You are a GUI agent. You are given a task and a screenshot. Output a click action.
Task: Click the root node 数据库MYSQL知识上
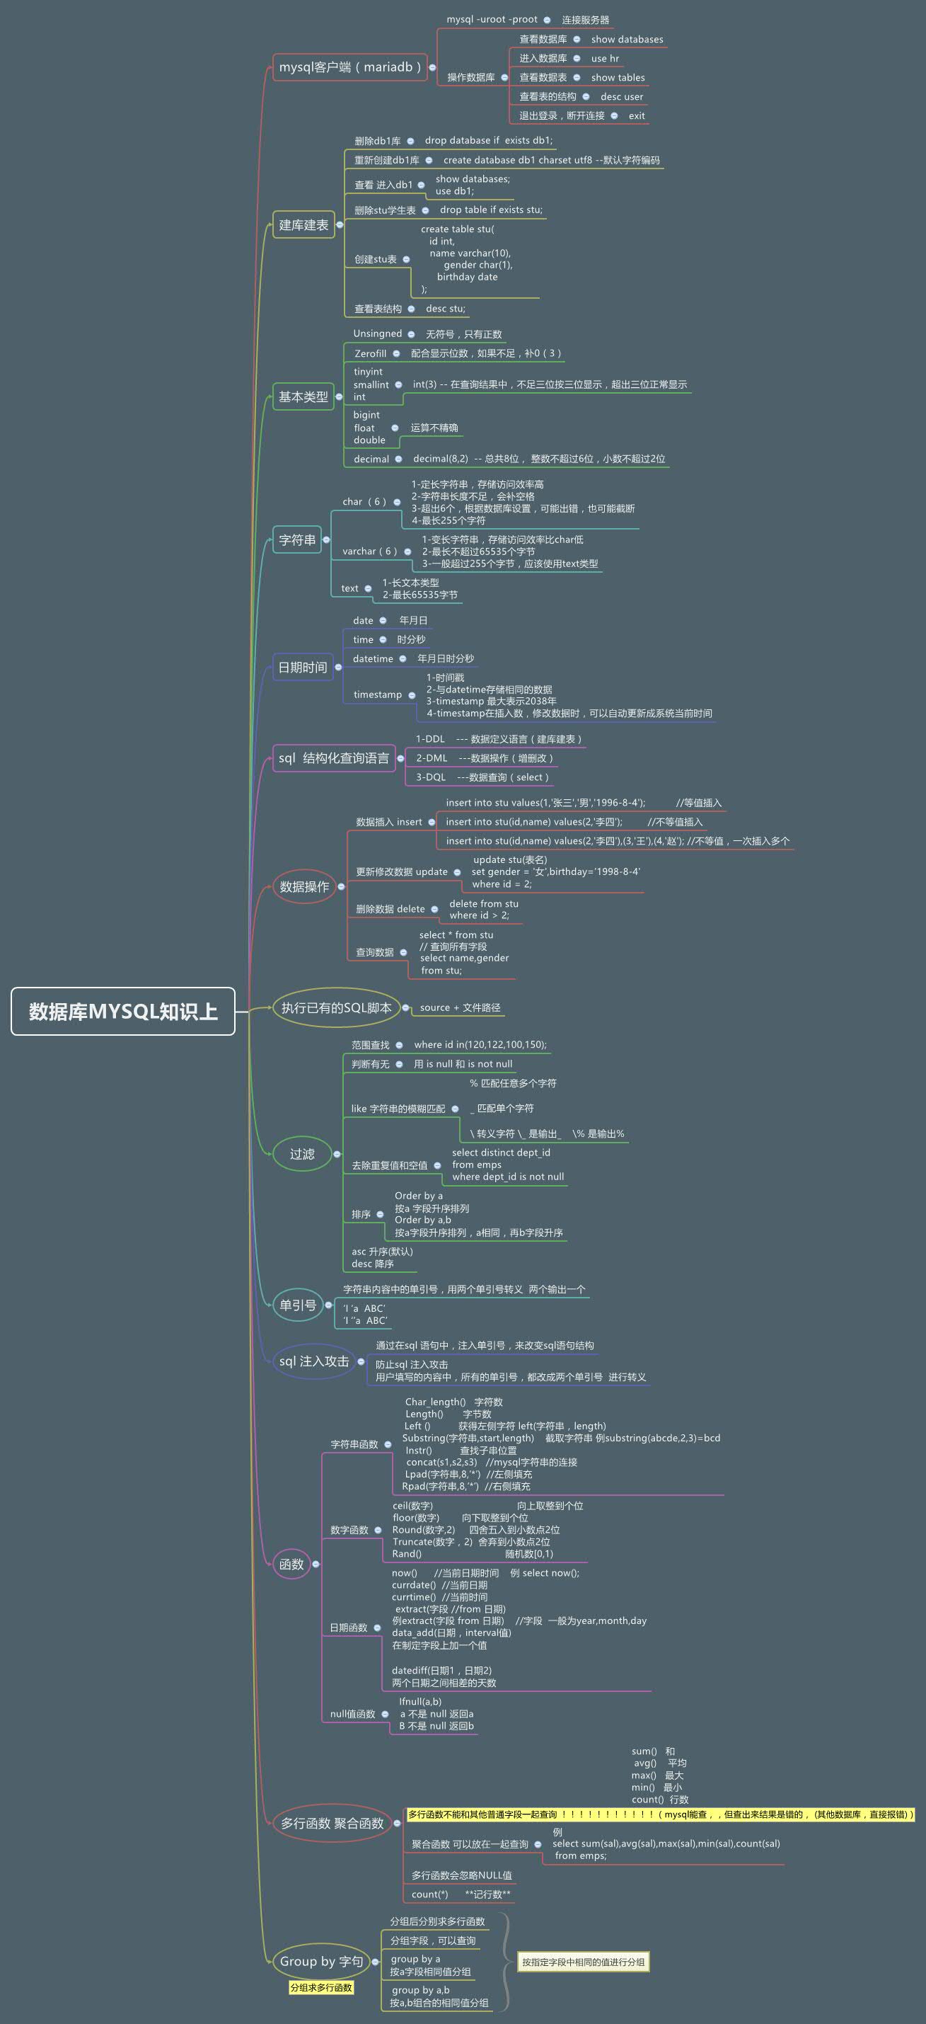pos(123,1011)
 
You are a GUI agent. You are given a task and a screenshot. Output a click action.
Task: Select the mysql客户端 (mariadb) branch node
pos(349,67)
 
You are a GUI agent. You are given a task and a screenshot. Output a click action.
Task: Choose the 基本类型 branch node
pos(303,396)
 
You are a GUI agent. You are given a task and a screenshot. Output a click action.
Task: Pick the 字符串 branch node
pos(297,539)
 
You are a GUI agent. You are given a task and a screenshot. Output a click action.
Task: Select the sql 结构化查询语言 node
pos(334,758)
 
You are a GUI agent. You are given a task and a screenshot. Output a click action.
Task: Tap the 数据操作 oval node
pos(304,886)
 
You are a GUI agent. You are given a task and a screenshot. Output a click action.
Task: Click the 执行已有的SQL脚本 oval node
pos(336,1008)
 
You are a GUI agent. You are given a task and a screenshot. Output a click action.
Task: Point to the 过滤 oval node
pos(302,1153)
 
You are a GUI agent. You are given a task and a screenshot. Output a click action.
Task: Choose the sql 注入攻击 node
pos(313,1361)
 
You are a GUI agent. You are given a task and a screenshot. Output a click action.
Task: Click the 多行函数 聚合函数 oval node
pos(332,1823)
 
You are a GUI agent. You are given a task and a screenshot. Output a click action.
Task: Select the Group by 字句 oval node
pos(321,1961)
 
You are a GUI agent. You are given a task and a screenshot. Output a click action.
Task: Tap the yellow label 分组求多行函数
pos(321,1987)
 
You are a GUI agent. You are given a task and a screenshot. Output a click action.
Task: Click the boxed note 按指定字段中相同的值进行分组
pos(583,1962)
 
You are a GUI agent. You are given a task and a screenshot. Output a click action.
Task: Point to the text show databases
pos(627,39)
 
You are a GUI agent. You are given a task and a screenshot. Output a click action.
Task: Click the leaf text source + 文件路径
pos(460,1007)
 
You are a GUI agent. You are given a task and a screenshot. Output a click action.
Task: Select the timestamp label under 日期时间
pos(377,694)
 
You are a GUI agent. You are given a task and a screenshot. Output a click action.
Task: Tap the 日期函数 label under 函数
pos(349,1628)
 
